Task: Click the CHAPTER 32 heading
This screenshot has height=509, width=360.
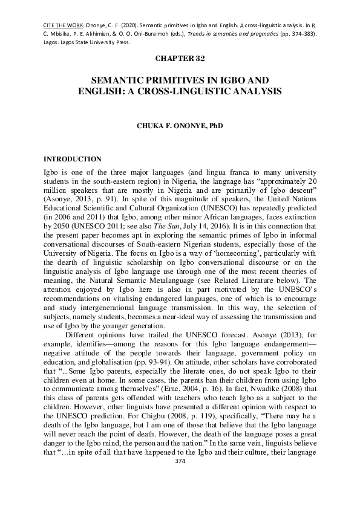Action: (x=180, y=58)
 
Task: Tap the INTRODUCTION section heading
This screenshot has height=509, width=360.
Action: (x=73, y=159)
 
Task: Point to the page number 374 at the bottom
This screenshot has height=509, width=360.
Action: (x=180, y=461)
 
